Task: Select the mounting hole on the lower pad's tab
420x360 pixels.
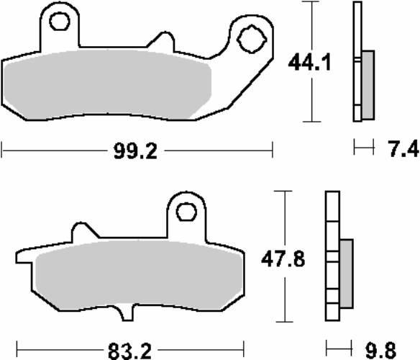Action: click(x=185, y=211)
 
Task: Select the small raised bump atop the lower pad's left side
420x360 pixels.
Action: click(x=83, y=233)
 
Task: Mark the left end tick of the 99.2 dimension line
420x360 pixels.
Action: click(x=3, y=150)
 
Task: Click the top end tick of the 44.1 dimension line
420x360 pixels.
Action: click(x=310, y=2)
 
